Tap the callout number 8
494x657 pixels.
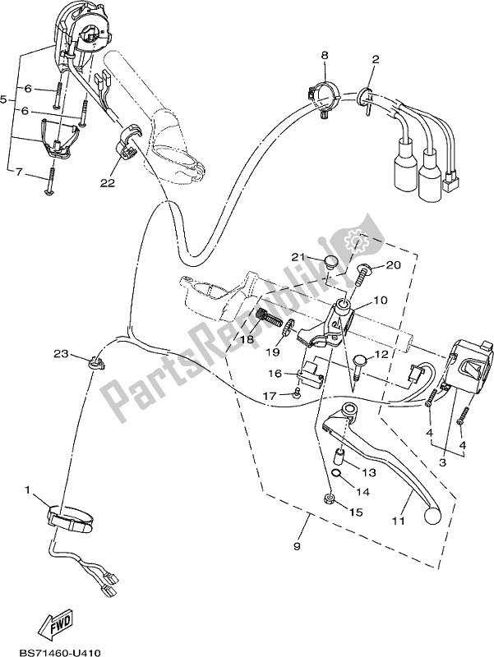pos(325,55)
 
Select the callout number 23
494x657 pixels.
pos(59,354)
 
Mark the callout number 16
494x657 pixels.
pos(274,374)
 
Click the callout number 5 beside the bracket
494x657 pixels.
pos(5,99)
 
